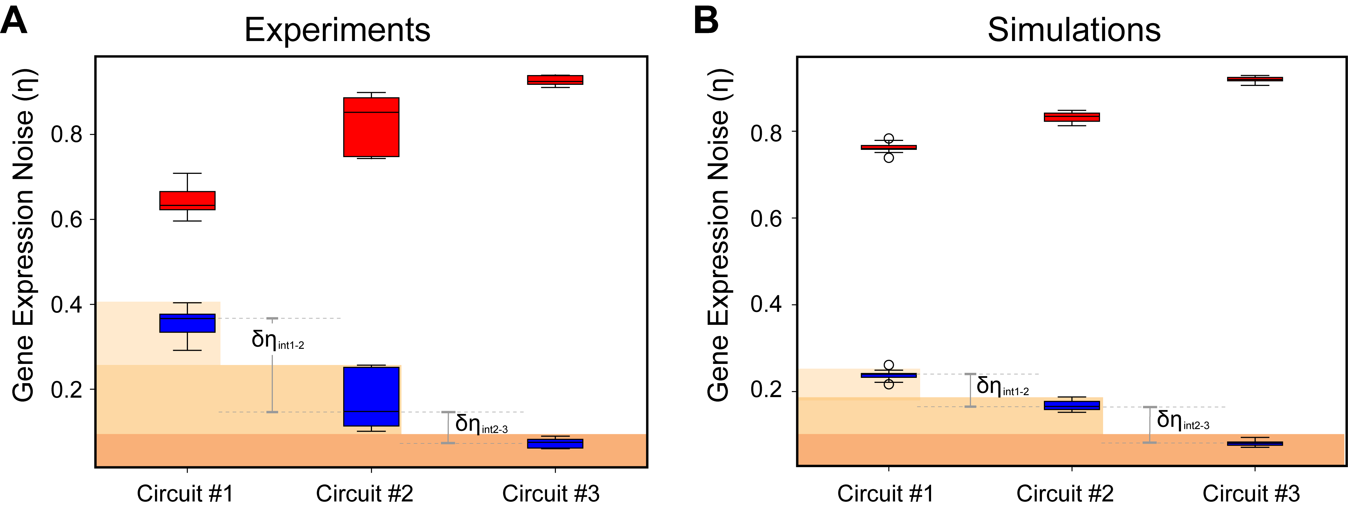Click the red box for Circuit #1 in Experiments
[x=187, y=200]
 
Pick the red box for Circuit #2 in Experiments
[x=371, y=127]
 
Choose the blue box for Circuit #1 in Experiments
[x=187, y=323]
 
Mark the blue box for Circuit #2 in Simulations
[x=1072, y=405]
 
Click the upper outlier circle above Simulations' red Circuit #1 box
[x=889, y=139]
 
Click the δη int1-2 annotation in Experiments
[x=277, y=340]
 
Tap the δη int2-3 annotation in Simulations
[x=1183, y=420]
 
